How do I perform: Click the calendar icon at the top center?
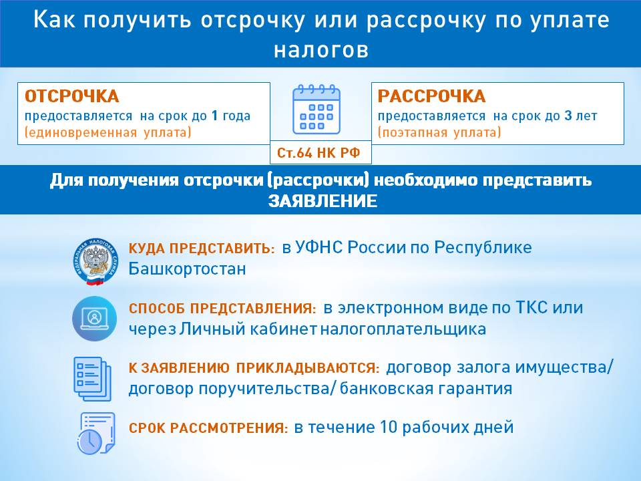click(316, 109)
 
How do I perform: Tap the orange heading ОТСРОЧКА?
click(72, 96)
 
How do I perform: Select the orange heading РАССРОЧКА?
click(432, 96)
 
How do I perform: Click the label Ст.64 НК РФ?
click(318, 153)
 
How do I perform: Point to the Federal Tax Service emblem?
click(95, 262)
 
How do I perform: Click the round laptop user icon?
click(94, 319)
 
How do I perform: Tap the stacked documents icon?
click(92, 379)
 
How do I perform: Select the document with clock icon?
click(96, 434)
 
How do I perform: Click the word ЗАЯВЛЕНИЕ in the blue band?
click(323, 201)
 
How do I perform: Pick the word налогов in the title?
click(321, 50)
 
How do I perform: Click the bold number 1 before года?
click(214, 116)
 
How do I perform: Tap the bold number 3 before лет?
click(568, 116)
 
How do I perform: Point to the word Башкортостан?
click(187, 269)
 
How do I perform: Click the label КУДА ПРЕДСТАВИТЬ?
click(202, 249)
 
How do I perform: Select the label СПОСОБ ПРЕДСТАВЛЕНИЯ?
click(222, 309)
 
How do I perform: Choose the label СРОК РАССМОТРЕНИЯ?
click(208, 428)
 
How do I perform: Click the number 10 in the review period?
click(389, 427)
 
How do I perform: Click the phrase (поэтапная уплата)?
click(439, 132)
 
